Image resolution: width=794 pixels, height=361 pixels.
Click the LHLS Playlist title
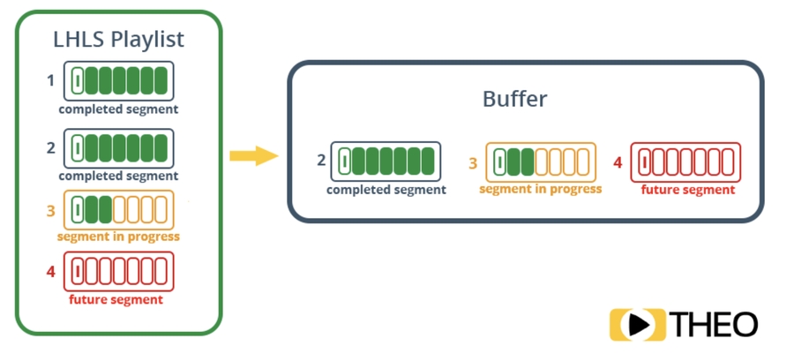118,40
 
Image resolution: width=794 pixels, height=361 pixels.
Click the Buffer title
514,99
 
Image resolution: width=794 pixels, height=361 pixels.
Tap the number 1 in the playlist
51,80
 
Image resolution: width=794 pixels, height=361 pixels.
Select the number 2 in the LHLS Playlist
51,147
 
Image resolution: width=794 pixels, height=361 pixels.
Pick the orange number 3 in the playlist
51,209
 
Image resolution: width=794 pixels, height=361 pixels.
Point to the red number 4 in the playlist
51,271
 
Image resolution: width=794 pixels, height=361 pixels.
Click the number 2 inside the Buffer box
321,161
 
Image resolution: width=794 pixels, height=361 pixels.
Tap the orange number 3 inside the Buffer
473,162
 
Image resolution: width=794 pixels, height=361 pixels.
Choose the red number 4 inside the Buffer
618,162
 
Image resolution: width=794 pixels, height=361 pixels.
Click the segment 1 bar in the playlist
118,80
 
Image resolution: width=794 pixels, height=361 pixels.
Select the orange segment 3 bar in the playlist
118,209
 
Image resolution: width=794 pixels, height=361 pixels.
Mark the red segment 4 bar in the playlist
118,271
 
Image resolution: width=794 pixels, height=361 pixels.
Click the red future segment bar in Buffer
686,162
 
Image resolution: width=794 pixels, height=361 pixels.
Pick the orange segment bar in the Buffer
541,162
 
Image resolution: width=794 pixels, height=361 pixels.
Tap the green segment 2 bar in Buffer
386,161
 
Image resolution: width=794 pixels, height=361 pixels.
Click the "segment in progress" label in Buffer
541,189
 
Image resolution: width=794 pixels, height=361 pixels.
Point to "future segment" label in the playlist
116,299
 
